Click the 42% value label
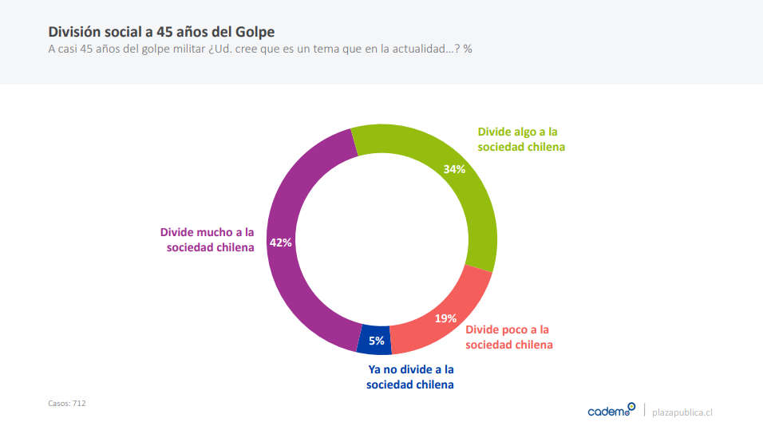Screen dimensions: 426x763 click(281, 243)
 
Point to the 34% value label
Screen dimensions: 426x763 click(454, 169)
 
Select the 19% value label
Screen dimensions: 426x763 click(445, 318)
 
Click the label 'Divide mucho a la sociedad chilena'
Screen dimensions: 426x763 click(208, 240)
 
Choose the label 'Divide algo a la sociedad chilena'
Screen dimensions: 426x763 click(521, 139)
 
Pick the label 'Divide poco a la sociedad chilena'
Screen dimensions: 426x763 click(508, 337)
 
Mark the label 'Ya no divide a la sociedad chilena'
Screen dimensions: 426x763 click(410, 377)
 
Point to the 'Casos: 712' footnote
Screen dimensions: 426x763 click(67, 404)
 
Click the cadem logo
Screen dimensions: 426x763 click(611, 410)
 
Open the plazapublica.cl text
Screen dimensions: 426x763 click(682, 412)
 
